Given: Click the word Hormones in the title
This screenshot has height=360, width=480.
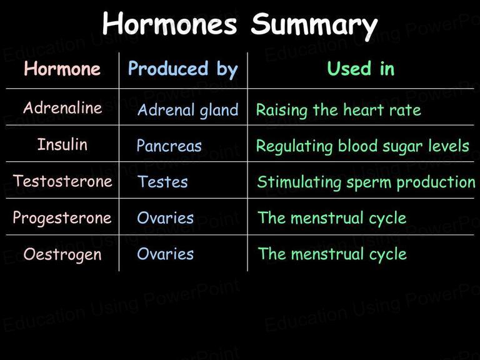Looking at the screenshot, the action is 170,24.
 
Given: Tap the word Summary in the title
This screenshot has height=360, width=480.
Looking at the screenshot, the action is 314,26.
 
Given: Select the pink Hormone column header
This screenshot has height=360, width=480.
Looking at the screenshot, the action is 62,68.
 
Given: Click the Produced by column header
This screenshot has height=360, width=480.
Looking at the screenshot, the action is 183,69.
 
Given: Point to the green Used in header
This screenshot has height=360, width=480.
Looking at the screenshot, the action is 361,68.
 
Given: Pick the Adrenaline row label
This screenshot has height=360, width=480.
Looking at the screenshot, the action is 62,107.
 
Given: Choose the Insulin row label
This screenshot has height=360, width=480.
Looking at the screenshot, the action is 62,144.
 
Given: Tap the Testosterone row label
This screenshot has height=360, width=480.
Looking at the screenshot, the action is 62,181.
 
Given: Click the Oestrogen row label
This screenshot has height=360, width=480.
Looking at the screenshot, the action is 62,255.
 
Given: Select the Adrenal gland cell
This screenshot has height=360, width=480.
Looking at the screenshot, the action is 188,110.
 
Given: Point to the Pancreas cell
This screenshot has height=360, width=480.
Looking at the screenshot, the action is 169,146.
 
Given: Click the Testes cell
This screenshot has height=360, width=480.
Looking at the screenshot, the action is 162,181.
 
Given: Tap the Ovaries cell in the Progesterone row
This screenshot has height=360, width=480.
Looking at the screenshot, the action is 165,218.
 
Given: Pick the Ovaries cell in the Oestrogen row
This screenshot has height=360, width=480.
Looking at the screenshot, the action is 165,254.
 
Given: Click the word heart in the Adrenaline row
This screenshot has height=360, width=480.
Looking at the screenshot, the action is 363,109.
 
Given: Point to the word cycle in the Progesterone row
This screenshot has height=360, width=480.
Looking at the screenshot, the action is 387,219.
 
